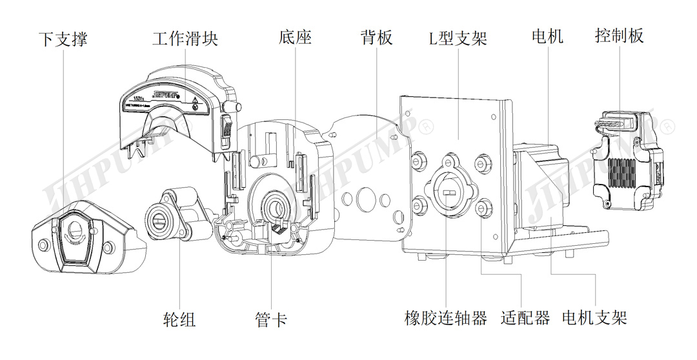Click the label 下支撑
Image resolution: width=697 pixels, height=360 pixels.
(x=63, y=39)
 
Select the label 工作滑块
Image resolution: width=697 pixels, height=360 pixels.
(x=185, y=38)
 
